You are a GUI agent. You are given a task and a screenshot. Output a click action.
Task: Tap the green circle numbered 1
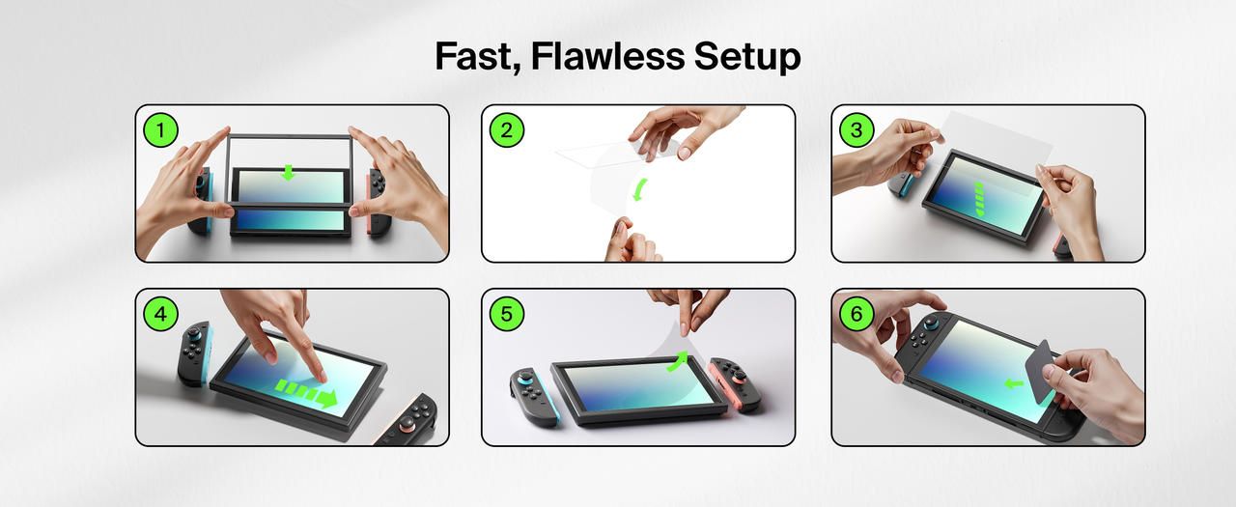160,130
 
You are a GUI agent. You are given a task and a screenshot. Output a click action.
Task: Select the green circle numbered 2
507,130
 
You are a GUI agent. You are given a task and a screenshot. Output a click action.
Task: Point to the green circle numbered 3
857,130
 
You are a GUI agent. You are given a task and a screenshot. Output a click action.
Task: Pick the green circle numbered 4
160,314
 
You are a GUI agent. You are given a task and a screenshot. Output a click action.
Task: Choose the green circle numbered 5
507,314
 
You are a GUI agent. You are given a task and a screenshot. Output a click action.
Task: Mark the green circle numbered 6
857,314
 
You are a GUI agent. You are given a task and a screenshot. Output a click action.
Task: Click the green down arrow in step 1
288,173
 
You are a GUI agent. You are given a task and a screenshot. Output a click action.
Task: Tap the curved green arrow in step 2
639,190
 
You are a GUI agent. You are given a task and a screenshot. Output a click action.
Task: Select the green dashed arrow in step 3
979,200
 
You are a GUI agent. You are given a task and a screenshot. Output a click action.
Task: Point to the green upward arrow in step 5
678,361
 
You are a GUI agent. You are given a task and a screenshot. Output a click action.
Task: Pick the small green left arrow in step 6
1014,383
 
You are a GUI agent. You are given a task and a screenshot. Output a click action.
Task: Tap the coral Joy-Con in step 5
735,383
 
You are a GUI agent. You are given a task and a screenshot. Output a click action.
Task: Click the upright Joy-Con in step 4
194,353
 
